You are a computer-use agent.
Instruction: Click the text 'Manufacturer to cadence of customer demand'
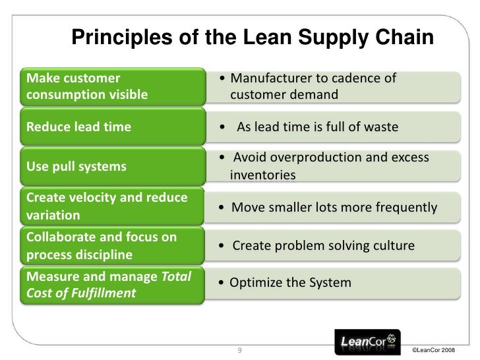310,87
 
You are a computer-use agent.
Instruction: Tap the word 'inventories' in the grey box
263,176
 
